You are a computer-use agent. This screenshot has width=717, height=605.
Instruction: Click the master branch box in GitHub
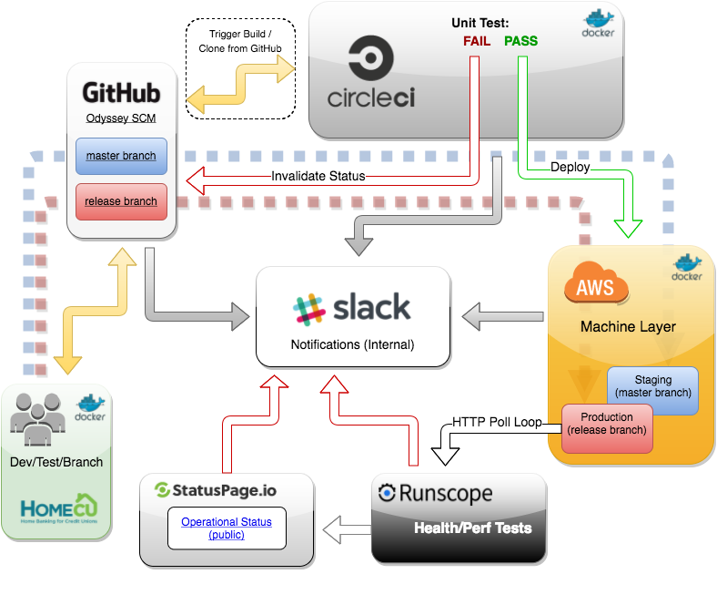pos(121,156)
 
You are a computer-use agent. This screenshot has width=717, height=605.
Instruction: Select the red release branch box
pos(121,201)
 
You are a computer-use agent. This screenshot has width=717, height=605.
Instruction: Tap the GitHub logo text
pos(121,93)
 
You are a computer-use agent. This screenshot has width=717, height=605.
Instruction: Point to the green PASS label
pos(520,41)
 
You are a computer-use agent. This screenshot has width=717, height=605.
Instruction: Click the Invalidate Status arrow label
pos(318,176)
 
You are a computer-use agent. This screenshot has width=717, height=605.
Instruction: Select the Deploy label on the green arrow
pos(570,167)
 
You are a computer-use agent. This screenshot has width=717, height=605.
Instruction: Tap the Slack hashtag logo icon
pos(309,310)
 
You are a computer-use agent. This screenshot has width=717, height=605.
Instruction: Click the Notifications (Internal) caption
pos(352,345)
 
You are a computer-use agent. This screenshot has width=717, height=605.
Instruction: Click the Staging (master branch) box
pos(653,386)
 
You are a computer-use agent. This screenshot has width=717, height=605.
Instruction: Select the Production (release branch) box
pos(607,424)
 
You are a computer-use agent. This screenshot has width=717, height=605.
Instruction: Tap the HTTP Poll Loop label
pos(496,421)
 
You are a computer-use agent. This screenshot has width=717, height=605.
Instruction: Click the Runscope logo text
pos(435,494)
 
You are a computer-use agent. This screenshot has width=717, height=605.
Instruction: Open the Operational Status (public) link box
pos(227,528)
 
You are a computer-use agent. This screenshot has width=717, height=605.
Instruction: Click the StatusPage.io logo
pos(216,490)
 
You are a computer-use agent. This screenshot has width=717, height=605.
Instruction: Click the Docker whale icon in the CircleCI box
pos(599,26)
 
